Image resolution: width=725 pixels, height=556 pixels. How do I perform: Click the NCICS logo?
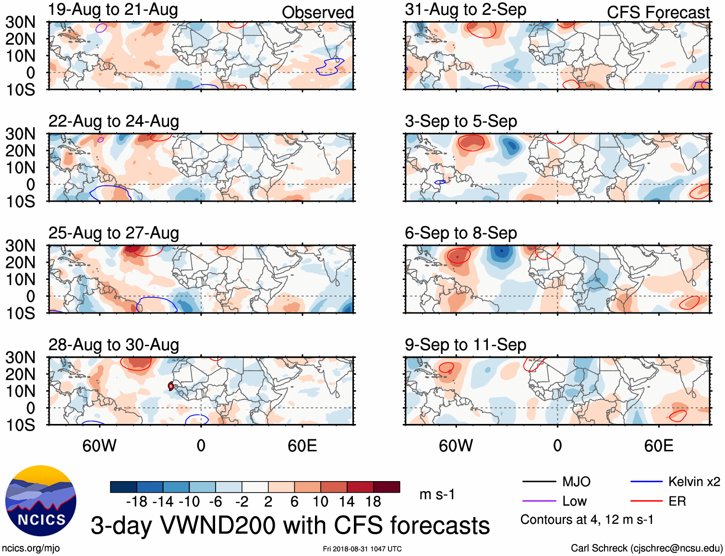[41, 501]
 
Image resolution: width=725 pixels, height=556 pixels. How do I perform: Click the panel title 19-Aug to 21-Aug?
[113, 10]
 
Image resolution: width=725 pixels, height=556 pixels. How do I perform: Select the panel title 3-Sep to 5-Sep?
[461, 121]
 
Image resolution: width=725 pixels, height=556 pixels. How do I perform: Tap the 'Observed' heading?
[317, 12]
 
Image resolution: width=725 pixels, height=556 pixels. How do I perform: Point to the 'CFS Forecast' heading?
[658, 12]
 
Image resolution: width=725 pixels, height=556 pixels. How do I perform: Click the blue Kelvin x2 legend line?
[646, 482]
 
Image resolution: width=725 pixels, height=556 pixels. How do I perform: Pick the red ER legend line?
[646, 501]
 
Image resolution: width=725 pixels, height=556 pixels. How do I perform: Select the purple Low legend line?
[539, 501]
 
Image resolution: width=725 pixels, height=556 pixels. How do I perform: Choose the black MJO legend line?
[539, 482]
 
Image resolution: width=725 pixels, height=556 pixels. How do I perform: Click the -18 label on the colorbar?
[137, 502]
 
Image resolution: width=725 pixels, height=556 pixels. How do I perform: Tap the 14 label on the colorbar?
[347, 502]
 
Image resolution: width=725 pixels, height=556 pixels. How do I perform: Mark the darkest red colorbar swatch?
[387, 487]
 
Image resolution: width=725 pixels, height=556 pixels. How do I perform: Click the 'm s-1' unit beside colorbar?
[437, 495]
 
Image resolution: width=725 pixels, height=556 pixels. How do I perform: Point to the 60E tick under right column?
[658, 446]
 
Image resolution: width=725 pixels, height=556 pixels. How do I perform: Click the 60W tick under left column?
[99, 446]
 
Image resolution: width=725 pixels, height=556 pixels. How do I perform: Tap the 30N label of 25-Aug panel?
[20, 246]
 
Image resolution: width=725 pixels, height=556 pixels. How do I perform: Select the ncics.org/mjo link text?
[31, 548]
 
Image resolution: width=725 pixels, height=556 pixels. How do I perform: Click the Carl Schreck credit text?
[646, 548]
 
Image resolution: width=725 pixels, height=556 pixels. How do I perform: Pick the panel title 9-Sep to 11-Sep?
[465, 345]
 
